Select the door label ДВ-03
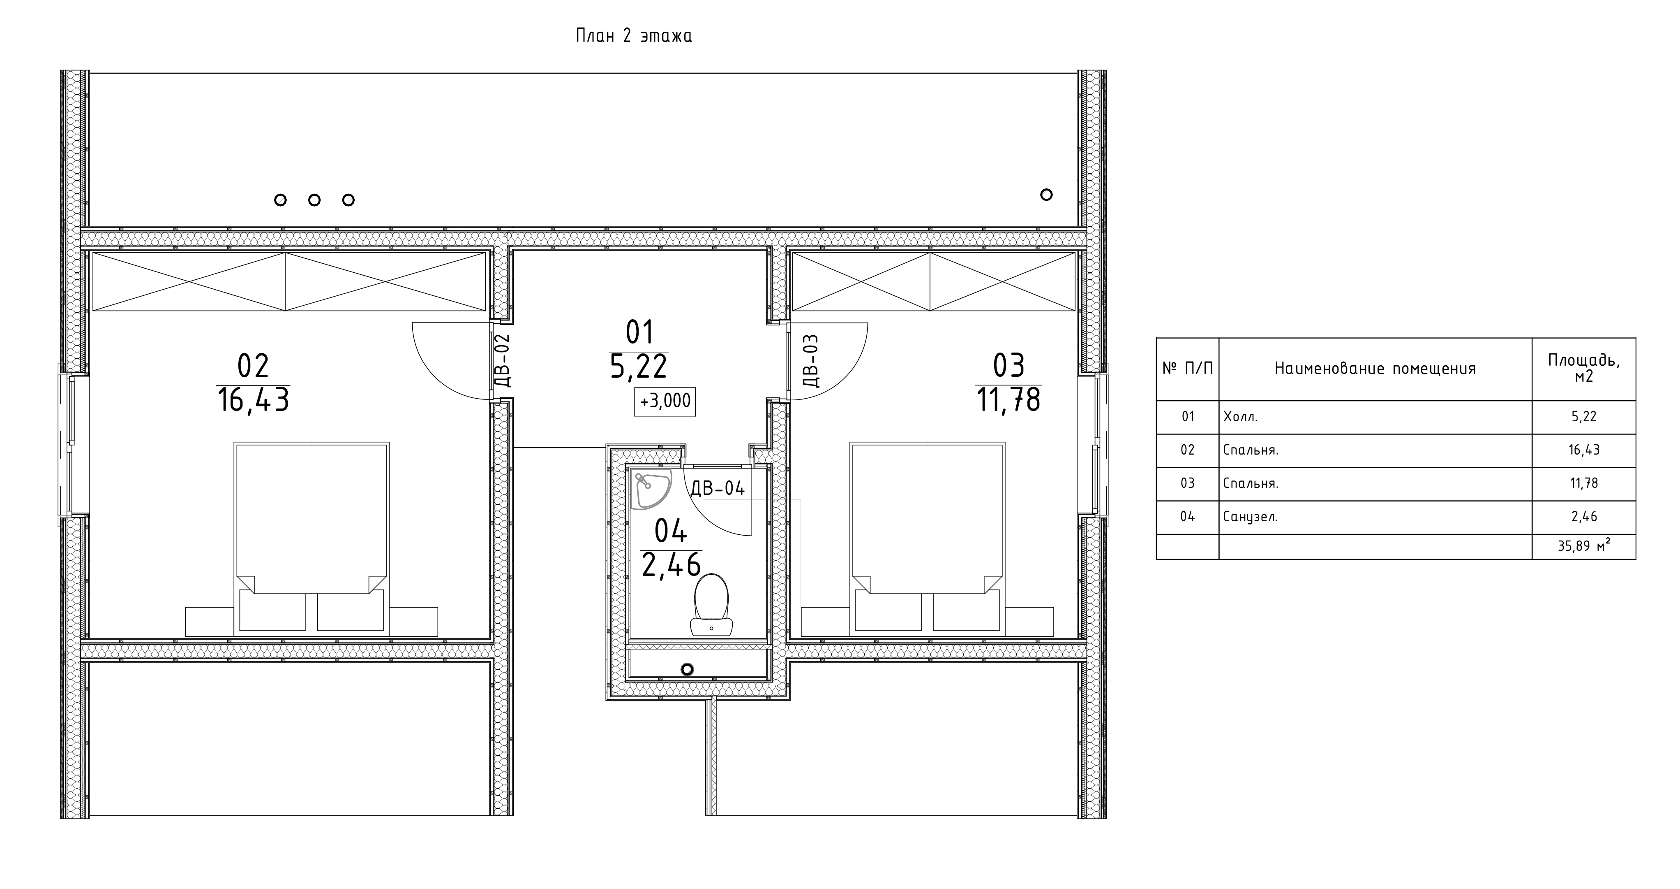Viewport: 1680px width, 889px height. pyautogui.click(x=811, y=360)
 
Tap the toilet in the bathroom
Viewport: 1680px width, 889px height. pyautogui.click(x=711, y=604)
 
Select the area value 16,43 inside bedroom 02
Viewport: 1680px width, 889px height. pyautogui.click(x=253, y=399)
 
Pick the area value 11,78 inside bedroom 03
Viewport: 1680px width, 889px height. pyautogui.click(x=1008, y=399)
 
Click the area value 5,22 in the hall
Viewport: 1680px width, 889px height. pyautogui.click(x=639, y=366)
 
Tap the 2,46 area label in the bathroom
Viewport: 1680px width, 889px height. pyautogui.click(x=671, y=564)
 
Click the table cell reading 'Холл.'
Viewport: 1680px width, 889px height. pyautogui.click(x=1240, y=416)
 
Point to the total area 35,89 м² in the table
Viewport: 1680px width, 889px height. pyautogui.click(x=1583, y=545)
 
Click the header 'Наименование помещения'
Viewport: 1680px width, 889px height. pyautogui.click(x=1375, y=369)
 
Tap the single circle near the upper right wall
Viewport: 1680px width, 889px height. pyautogui.click(x=1046, y=195)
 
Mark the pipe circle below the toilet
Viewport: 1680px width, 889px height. pyautogui.click(x=687, y=669)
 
